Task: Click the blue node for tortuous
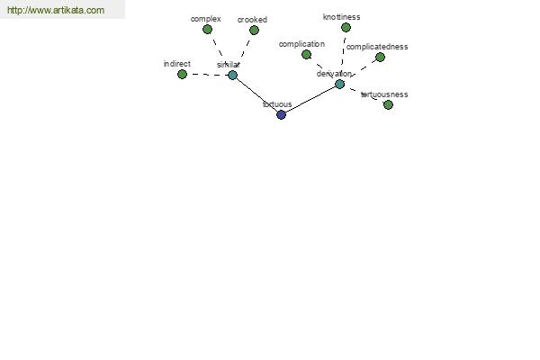click(x=281, y=114)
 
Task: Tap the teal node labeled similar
click(x=232, y=75)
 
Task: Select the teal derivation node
click(x=339, y=84)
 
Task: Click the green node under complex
click(x=207, y=30)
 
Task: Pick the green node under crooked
click(x=254, y=31)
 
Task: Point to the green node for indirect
click(x=182, y=75)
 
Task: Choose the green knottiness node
click(x=346, y=28)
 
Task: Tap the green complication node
click(x=306, y=54)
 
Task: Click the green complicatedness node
click(x=380, y=58)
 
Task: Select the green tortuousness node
click(x=388, y=104)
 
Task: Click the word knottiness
click(x=342, y=17)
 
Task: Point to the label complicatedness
click(x=377, y=47)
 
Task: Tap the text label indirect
click(x=177, y=64)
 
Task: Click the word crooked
click(x=252, y=20)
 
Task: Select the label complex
click(x=205, y=19)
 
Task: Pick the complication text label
click(x=301, y=44)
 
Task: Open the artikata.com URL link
click(x=56, y=10)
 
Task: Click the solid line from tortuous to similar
click(x=256, y=95)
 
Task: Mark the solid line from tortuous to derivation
click(x=310, y=100)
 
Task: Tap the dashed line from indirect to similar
click(x=207, y=75)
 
